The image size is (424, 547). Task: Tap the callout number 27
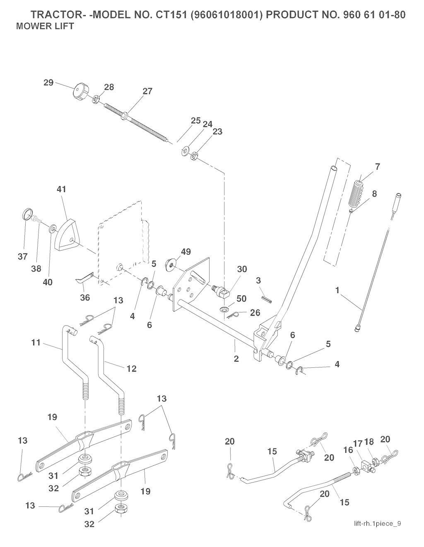147,92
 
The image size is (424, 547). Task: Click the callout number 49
186,251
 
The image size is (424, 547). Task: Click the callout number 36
85,297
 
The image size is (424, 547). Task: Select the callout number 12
131,368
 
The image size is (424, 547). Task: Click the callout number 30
242,269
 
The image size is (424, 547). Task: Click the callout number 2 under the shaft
236,358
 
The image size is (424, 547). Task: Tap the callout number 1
337,291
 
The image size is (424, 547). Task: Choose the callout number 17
359,444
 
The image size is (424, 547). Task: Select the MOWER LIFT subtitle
45,26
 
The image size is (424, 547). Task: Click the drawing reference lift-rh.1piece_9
377,523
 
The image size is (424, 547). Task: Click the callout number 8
374,193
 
